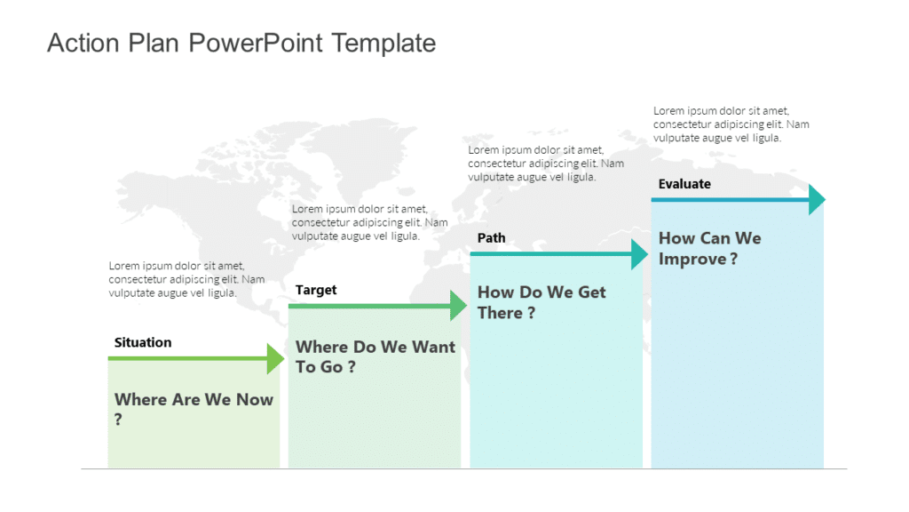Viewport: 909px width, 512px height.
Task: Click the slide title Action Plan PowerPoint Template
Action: [241, 43]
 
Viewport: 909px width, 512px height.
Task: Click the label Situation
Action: [143, 342]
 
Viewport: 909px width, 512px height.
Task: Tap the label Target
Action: [316, 290]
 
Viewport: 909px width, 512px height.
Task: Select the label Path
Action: [491, 237]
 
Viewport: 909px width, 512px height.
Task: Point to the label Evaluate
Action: [684, 184]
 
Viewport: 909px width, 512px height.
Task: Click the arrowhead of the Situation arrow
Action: [276, 358]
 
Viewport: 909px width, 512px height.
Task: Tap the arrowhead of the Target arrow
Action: [458, 306]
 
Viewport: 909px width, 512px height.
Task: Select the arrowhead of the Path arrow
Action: [639, 253]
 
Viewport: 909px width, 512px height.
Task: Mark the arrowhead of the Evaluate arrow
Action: [817, 199]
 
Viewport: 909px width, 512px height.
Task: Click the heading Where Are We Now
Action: [194, 400]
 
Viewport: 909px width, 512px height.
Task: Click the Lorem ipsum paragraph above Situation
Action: [186, 279]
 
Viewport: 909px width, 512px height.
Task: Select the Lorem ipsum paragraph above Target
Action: [369, 222]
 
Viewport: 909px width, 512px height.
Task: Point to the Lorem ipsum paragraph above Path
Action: [545, 164]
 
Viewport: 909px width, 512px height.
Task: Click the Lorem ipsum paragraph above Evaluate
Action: [731, 124]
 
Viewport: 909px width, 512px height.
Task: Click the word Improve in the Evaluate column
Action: [692, 260]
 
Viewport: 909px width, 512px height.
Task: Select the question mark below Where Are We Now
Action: [118, 420]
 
